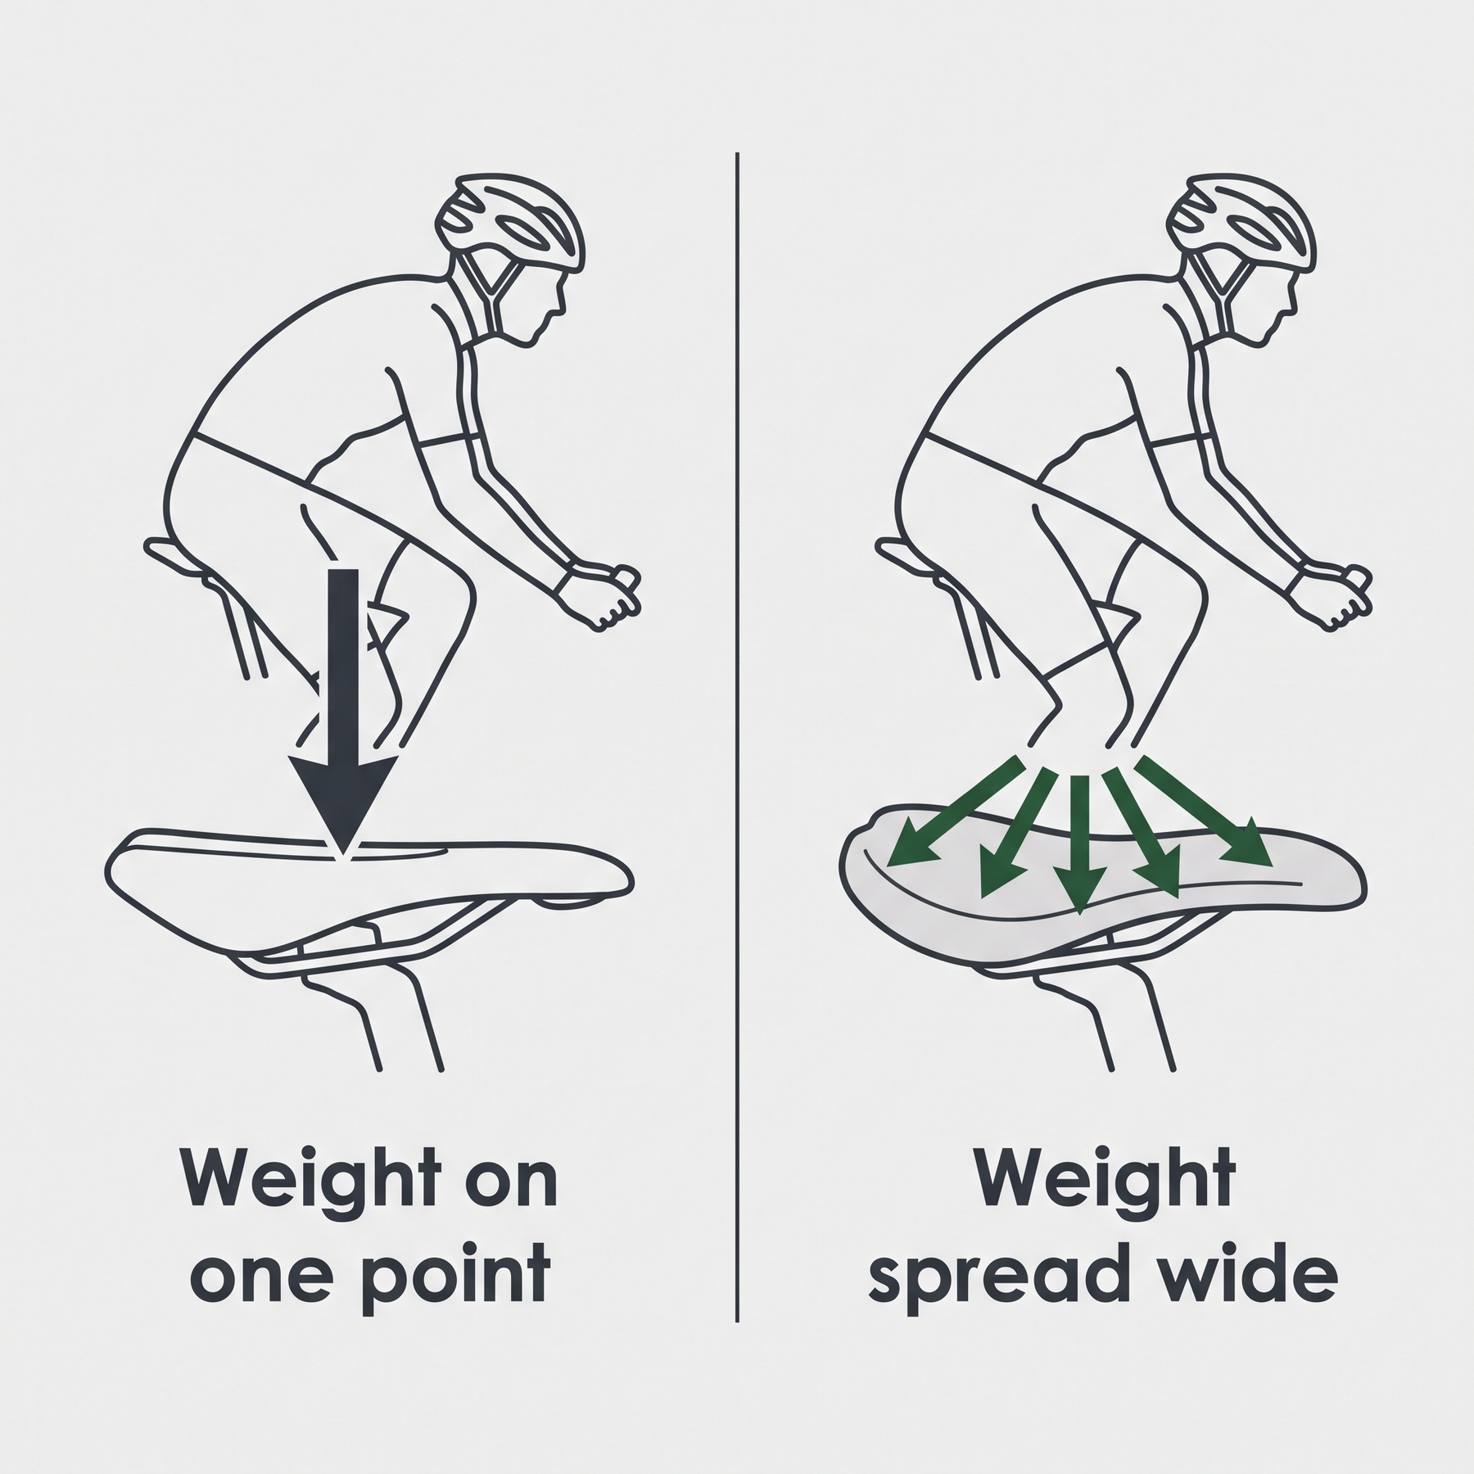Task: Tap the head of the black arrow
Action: coord(343,803)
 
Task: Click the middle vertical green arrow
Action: coord(1079,843)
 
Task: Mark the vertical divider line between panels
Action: coord(737,736)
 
